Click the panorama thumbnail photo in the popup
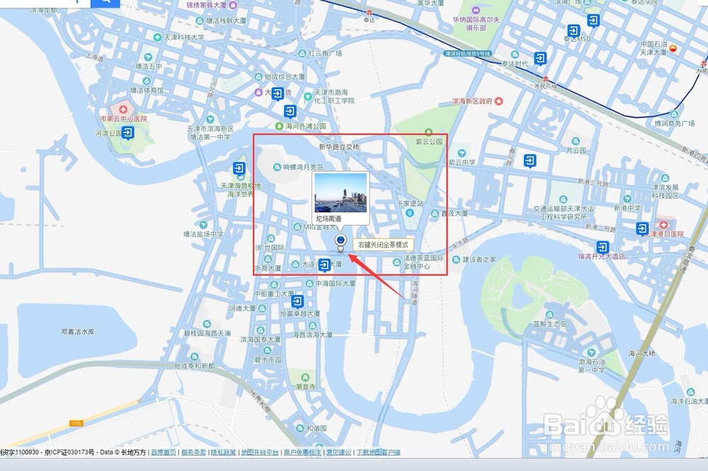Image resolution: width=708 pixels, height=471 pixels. pos(340,193)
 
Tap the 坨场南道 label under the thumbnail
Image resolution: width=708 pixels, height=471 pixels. pos(329,219)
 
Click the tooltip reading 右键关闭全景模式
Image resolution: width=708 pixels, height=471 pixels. pos(383,245)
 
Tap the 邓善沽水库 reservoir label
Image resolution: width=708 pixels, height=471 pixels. pos(79,331)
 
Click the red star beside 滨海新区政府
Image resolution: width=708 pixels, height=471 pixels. pos(499,101)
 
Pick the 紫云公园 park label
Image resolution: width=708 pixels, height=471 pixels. pos(429,141)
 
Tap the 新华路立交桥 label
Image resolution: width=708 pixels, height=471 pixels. pos(339,147)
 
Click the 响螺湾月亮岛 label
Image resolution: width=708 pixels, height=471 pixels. pos(302,168)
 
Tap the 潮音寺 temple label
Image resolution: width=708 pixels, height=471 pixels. pos(306,387)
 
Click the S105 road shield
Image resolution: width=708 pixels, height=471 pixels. pos(76,423)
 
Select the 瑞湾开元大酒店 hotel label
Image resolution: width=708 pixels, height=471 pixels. pos(601,256)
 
